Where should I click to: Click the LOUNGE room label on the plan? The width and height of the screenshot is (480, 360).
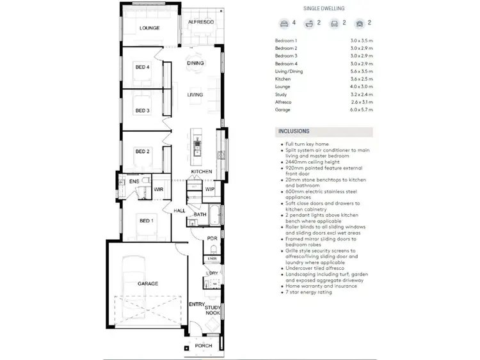(x=149, y=28)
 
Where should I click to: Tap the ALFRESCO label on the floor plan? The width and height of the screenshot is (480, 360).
(x=201, y=23)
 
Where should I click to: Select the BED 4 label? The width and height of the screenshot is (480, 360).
(x=142, y=67)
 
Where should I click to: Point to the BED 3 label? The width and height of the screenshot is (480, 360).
(x=142, y=111)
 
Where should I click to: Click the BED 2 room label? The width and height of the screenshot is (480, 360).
(x=142, y=152)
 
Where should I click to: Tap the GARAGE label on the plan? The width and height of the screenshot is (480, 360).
(x=147, y=283)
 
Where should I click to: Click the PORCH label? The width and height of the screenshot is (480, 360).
(x=204, y=347)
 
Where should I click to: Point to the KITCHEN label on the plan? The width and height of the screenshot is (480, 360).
(x=201, y=173)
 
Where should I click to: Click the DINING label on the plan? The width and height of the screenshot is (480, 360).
(x=195, y=63)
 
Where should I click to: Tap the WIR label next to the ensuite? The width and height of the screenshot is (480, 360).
(x=159, y=189)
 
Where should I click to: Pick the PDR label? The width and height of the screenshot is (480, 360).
(x=212, y=239)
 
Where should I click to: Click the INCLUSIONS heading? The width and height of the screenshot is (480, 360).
(x=294, y=131)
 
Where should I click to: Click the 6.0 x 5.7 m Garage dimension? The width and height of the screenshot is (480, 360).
(x=361, y=110)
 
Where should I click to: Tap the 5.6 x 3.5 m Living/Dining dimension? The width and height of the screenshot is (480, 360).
(x=361, y=72)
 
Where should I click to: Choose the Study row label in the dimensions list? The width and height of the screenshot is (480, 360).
(x=282, y=95)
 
